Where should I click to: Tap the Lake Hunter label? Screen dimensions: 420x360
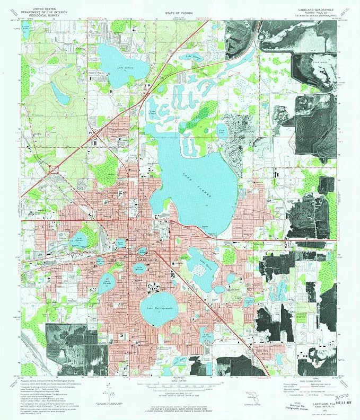(x=108, y=281)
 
